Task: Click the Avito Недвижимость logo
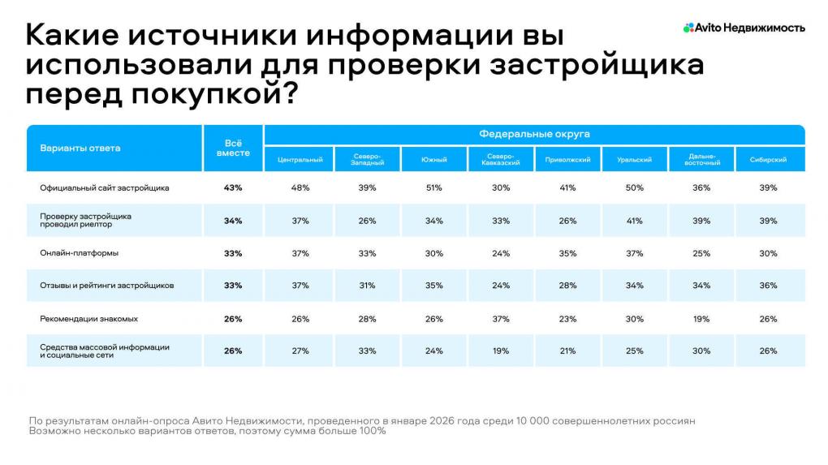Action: [744, 28]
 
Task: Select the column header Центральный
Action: [300, 160]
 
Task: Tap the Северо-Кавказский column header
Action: [501, 160]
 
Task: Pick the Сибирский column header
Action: [768, 160]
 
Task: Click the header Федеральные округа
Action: [534, 133]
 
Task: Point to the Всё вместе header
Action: [233, 148]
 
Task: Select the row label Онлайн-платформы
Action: [80, 253]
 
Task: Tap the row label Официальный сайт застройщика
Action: [105, 187]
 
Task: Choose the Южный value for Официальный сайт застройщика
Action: [433, 187]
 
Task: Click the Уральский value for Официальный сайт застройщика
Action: [634, 187]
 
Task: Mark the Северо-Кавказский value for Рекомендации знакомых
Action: [501, 319]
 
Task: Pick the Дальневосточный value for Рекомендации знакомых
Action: [701, 319]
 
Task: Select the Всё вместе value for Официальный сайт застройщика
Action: [233, 187]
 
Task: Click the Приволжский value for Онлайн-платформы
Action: [567, 253]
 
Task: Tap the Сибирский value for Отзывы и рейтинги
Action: [768, 286]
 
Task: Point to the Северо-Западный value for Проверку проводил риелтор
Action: [367, 221]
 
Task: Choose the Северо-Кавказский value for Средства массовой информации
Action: [501, 351]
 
